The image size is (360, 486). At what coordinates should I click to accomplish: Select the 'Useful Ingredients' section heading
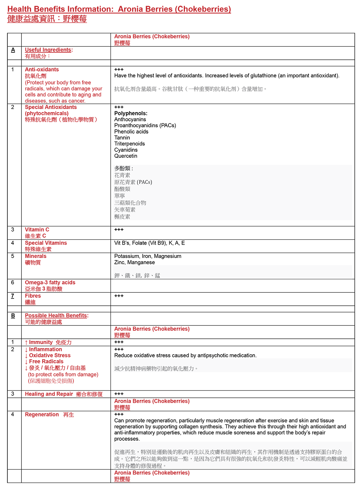48,50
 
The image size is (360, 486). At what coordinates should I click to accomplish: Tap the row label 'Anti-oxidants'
42,70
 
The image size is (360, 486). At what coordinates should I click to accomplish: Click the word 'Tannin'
122,138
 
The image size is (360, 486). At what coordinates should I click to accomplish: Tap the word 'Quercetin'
126,156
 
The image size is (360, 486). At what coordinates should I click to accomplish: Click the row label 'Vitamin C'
37,229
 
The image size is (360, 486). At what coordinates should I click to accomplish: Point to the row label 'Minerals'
36,256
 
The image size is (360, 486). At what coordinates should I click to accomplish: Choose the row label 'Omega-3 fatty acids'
50,283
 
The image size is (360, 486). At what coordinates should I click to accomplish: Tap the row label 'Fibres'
33,296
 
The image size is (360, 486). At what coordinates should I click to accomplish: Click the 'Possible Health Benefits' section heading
56,316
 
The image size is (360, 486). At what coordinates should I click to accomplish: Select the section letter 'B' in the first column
13,316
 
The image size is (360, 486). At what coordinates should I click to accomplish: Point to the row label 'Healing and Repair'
49,394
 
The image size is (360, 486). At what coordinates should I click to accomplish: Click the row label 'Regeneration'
42,415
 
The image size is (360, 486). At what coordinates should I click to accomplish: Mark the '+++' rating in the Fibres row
119,296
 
